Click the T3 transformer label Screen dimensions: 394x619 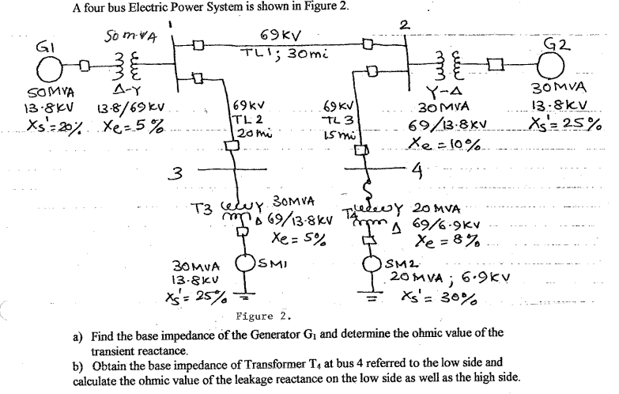coord(206,209)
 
